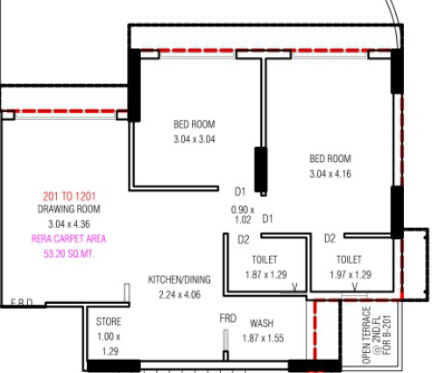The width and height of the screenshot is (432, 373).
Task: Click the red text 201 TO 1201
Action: [x=69, y=196]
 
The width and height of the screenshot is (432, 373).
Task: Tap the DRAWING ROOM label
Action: [x=69, y=209]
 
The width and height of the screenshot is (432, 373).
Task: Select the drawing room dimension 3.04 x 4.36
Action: [x=69, y=224]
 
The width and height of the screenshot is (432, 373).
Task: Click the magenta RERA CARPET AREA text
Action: [x=68, y=239]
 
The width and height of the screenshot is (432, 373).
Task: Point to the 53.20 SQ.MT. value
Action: [x=69, y=254]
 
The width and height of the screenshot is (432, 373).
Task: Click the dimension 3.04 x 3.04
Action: [x=195, y=139]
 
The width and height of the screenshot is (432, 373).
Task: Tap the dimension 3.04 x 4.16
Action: [x=330, y=174]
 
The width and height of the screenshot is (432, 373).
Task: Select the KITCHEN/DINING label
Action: [x=180, y=279]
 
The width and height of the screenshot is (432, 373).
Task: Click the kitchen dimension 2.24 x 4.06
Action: [x=180, y=294]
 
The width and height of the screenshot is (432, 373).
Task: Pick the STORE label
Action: [x=109, y=321]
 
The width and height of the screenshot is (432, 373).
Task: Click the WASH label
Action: [x=262, y=323]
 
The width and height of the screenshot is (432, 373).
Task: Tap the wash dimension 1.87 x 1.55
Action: [x=263, y=338]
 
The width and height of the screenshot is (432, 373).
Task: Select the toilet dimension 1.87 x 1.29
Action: [x=266, y=275]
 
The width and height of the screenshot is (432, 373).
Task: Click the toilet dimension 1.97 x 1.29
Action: [x=351, y=275]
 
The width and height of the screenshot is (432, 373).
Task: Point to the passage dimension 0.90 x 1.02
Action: [x=243, y=215]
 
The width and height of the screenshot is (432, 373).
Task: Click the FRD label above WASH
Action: [x=228, y=318]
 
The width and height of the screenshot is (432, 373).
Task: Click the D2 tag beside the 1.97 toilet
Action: [x=329, y=238]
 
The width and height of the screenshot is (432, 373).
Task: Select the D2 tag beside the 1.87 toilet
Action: [x=244, y=240]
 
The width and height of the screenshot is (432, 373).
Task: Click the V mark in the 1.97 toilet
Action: [x=355, y=287]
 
